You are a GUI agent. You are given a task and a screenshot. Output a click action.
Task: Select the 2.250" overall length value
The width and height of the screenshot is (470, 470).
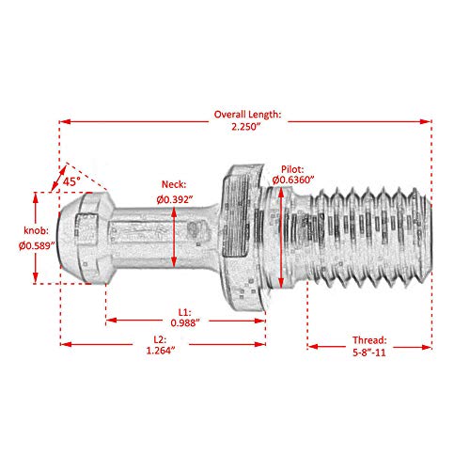(246, 128)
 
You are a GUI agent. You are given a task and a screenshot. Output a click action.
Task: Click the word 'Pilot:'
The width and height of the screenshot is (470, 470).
(290, 166)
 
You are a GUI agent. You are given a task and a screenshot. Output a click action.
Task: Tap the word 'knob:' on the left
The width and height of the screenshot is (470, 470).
(21, 230)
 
